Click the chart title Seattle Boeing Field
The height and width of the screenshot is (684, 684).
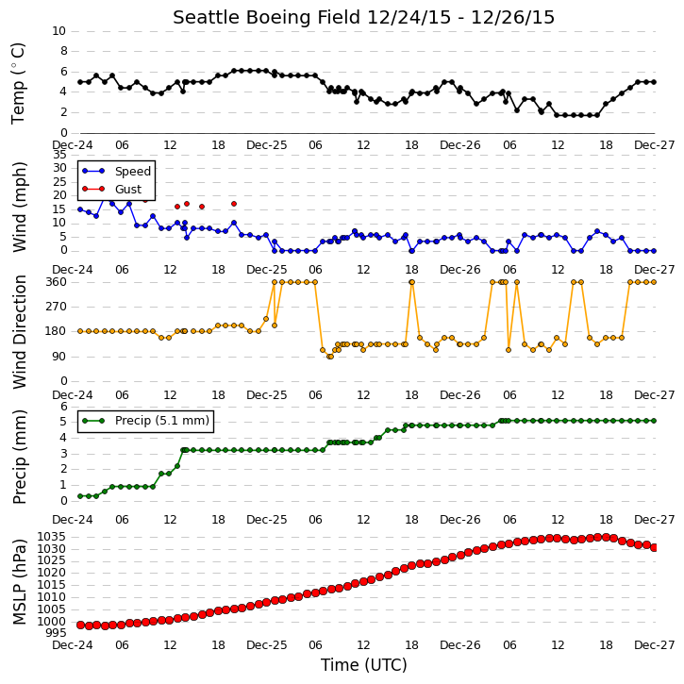tap(267, 18)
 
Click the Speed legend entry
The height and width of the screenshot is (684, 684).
tap(116, 171)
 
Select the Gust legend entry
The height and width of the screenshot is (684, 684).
tap(112, 189)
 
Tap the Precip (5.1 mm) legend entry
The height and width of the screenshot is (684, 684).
tap(146, 421)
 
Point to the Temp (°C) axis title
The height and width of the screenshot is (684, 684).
tap(18, 83)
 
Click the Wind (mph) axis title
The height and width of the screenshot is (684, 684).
tap(19, 207)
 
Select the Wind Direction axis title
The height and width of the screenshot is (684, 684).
tap(19, 331)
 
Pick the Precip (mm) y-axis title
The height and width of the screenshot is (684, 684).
tap(19, 457)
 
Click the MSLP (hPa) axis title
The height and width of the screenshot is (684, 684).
tap(19, 582)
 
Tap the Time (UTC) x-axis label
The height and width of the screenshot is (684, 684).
tap(364, 665)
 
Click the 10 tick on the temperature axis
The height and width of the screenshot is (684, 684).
tap(58, 31)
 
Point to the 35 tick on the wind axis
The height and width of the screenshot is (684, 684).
tap(59, 155)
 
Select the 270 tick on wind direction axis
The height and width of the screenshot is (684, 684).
tap(57, 307)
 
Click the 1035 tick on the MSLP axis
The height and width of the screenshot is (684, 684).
tap(52, 537)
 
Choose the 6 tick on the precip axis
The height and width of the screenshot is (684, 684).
tap(64, 407)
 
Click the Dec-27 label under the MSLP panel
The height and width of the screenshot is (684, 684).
tap(655, 645)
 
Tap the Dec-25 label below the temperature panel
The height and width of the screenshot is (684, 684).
tap(267, 145)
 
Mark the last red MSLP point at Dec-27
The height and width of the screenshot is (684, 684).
tap(654, 547)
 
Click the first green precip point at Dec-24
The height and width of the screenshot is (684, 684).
tap(80, 496)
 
